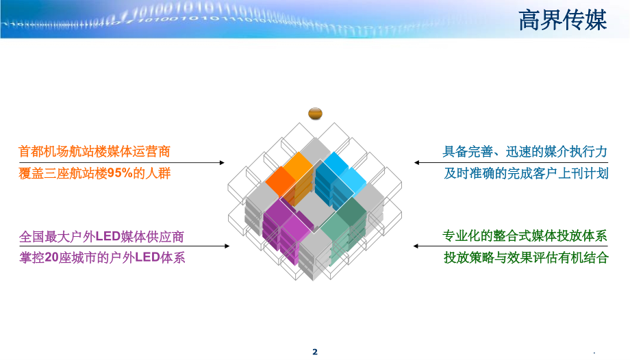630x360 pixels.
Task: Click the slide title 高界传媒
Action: pos(562,19)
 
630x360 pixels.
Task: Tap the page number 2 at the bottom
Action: pos(315,352)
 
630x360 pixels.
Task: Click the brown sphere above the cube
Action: pos(315,114)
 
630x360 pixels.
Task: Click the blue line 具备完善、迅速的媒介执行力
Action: pos(525,151)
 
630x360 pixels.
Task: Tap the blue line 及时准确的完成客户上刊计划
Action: pos(525,173)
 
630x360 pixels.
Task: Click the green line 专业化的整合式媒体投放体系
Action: pos(525,236)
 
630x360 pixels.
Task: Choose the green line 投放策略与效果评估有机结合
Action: pos(525,258)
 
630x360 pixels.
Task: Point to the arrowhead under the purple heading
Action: pos(227,246)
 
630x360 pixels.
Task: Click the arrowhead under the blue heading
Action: pos(417,162)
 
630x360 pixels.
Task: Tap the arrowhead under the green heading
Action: pos(417,246)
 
